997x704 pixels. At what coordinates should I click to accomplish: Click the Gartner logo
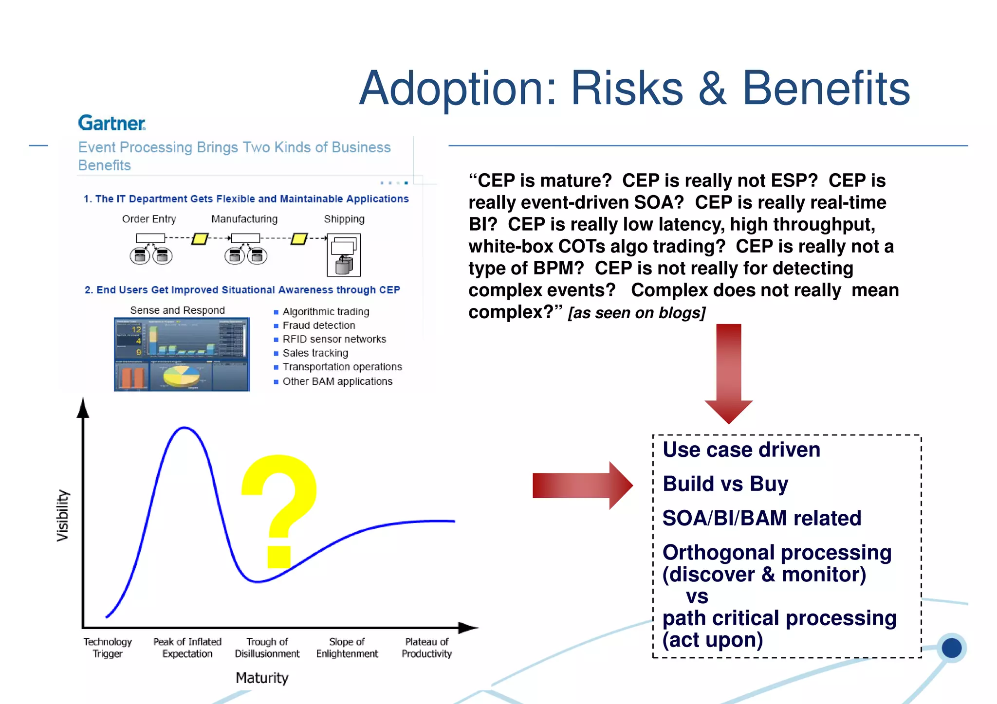point(111,123)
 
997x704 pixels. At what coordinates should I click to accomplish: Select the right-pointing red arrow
point(582,485)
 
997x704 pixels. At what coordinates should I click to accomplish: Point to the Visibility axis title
point(63,515)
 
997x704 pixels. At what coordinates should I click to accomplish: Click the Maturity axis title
point(262,678)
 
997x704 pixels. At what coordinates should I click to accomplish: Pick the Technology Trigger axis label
point(108,648)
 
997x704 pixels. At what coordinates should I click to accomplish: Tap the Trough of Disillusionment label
point(267,648)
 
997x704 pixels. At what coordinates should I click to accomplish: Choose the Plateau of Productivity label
point(426,648)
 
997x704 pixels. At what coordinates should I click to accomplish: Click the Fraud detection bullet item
point(319,325)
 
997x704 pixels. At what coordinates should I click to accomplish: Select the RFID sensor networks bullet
point(334,339)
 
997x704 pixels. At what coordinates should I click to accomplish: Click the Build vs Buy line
point(725,484)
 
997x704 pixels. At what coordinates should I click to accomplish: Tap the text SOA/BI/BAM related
point(762,518)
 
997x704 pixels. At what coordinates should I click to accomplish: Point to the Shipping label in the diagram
point(344,219)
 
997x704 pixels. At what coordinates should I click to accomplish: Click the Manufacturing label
point(244,219)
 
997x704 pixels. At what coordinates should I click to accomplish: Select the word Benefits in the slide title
point(826,89)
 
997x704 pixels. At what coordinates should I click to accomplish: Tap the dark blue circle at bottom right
point(951,648)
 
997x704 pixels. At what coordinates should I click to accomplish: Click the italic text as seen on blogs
point(637,313)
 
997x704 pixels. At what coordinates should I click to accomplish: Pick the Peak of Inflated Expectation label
point(187,648)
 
